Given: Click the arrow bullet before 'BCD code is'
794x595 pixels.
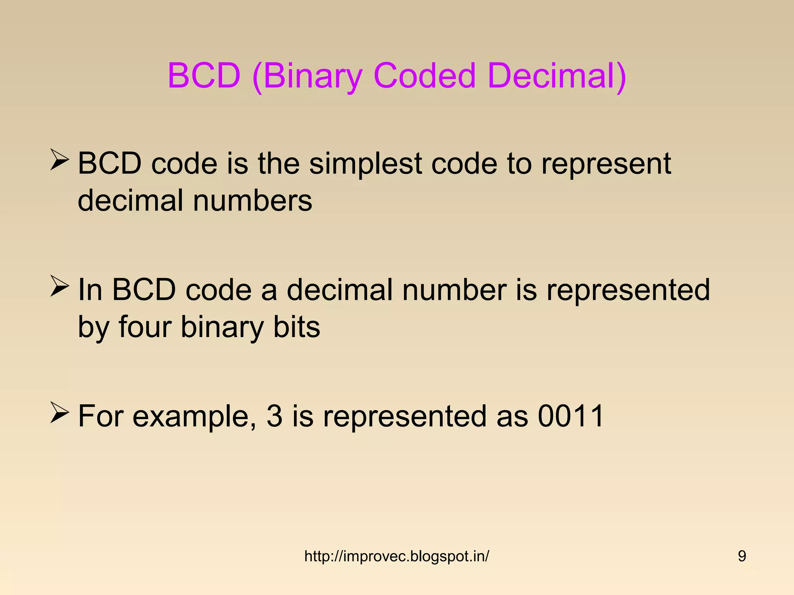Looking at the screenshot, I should click(60, 161).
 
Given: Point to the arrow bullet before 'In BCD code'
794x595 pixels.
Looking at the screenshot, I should click(60, 287).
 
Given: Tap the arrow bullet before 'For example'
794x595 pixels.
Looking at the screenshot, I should click(60, 413).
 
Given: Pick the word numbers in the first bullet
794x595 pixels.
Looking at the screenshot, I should click(252, 201).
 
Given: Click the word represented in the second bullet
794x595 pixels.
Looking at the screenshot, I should click(628, 290).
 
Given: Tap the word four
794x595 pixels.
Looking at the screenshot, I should click(145, 327).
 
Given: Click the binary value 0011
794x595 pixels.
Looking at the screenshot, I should click(570, 416).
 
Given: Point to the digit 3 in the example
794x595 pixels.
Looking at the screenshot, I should click(274, 416).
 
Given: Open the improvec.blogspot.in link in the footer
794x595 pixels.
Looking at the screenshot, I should click(397, 556).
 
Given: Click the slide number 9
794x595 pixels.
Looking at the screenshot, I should click(742, 556).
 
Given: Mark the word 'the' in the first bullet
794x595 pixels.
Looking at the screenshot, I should click(278, 163).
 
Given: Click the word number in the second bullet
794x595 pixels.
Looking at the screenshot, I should click(454, 290).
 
